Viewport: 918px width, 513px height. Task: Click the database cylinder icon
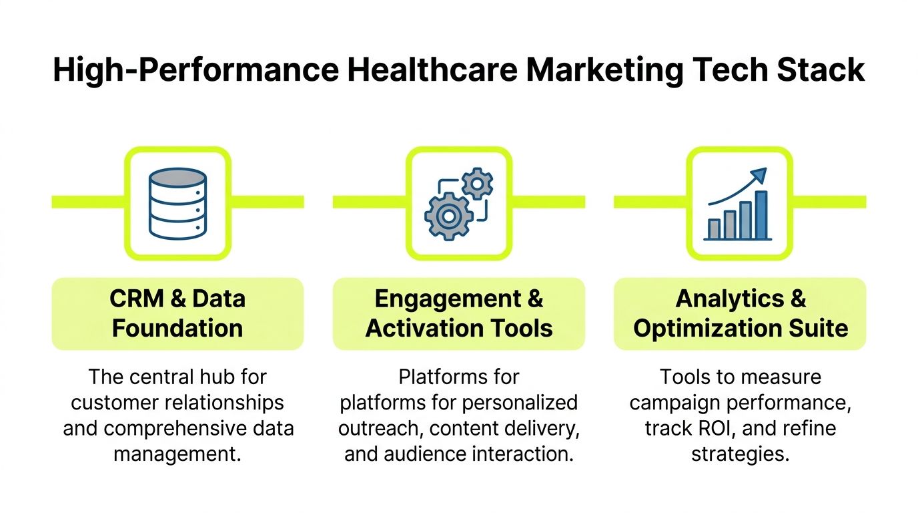tap(177, 203)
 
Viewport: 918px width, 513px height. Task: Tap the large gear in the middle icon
tap(448, 216)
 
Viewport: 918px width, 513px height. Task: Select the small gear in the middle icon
tap(477, 183)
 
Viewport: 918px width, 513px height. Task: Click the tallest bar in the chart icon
tap(761, 214)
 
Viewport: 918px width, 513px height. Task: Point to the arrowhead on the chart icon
tap(759, 176)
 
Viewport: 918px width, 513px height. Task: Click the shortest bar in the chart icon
tap(714, 228)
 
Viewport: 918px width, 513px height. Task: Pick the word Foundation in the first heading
tap(177, 328)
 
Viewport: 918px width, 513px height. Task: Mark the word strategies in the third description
tap(740, 454)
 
